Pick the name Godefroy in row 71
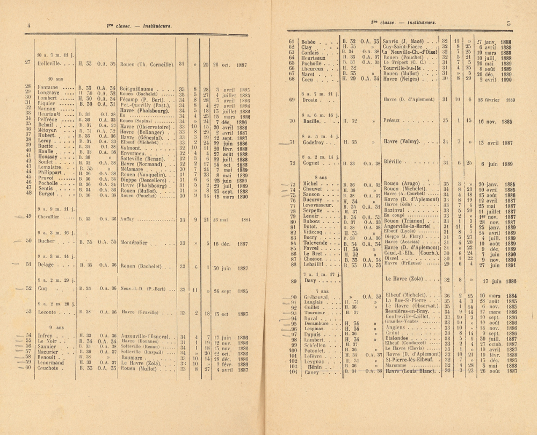[315, 142]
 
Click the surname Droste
[310, 100]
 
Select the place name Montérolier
[139, 243]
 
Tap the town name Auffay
[129, 219]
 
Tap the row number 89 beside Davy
[293, 281]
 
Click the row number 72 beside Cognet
[293, 163]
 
